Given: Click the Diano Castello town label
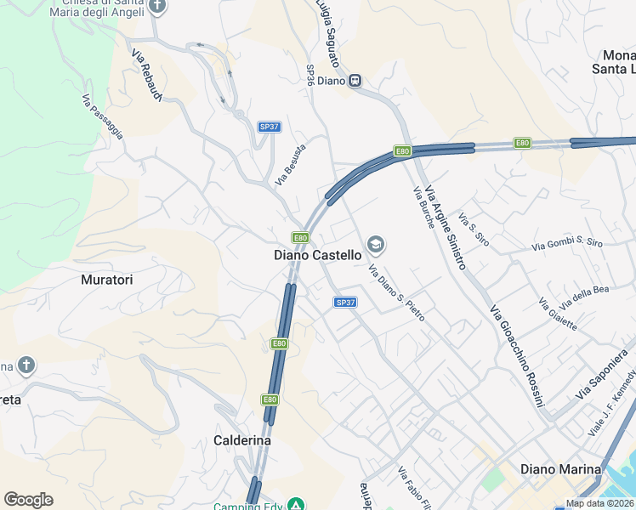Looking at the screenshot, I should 317,254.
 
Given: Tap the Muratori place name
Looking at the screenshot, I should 107,279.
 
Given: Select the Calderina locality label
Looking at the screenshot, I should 242,440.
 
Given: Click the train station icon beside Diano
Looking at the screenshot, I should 355,81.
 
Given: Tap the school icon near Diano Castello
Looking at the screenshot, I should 375,246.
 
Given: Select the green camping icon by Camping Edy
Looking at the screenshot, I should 295,506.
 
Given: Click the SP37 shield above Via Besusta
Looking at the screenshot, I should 269,127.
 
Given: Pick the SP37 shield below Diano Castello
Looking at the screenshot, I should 344,302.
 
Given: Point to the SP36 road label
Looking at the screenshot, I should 310,75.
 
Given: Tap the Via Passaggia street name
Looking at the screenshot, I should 103,116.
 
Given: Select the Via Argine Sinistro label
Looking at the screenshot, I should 445,228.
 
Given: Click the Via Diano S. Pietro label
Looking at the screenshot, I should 396,293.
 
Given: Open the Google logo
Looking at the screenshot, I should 28,500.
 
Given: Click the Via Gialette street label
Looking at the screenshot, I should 558,314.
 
